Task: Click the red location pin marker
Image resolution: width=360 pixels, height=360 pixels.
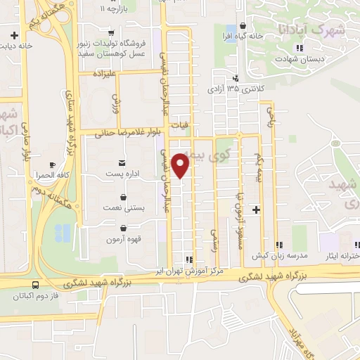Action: pos(181,165)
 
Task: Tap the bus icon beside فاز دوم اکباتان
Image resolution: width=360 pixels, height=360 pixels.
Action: pos(35,285)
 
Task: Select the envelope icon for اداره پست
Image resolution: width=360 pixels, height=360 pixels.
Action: pos(112,162)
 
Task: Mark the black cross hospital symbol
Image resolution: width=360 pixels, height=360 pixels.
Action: pos(256,210)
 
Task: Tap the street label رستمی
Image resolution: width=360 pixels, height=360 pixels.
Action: pos(215,239)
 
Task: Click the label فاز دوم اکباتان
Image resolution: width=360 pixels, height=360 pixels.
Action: pos(36,296)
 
